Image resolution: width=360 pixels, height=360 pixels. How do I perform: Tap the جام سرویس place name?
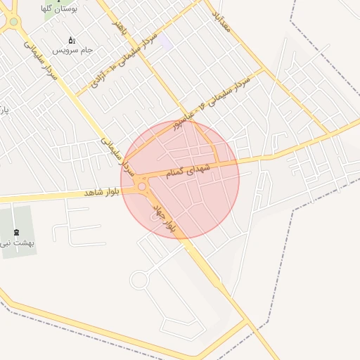[77, 51]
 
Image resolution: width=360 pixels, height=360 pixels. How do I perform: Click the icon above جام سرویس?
[71, 40]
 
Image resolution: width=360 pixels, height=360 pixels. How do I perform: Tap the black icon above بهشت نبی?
[16, 231]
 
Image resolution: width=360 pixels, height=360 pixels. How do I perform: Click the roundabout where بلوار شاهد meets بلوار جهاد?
[143, 187]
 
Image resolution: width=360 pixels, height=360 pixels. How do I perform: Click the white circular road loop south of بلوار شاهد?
[139, 281]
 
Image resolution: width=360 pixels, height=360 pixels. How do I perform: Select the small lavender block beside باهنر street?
[166, 42]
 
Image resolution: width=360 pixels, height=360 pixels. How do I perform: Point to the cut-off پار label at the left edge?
[3, 110]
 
